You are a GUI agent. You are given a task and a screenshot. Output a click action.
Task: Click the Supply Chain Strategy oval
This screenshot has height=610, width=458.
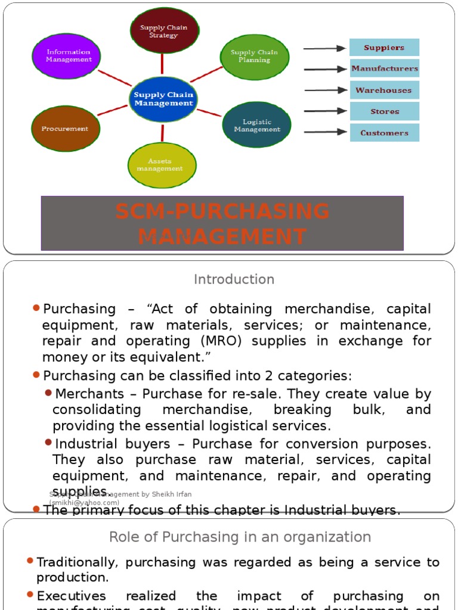[x=164, y=31]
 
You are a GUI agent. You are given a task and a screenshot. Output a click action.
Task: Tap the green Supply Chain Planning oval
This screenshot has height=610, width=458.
[x=255, y=57]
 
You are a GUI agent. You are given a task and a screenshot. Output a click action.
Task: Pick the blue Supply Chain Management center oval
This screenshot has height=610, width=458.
[x=163, y=99]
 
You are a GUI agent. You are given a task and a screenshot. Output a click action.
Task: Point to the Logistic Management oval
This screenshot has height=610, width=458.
[x=257, y=125]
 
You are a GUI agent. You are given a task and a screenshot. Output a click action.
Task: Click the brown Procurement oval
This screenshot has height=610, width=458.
[x=65, y=128]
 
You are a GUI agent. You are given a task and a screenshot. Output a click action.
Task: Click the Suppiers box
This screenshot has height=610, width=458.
[x=384, y=48]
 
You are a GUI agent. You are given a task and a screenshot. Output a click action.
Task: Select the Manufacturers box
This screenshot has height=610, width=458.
[x=384, y=69]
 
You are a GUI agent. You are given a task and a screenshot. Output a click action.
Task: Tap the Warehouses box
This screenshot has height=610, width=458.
[x=384, y=90]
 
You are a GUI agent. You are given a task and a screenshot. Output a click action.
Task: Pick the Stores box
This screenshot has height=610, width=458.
[x=384, y=111]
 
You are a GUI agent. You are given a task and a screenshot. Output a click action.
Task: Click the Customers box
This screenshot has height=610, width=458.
[x=384, y=133]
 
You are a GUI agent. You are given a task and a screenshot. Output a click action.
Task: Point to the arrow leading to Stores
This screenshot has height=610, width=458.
[x=325, y=111]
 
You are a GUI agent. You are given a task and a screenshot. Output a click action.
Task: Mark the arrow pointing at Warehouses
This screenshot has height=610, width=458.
[x=325, y=90]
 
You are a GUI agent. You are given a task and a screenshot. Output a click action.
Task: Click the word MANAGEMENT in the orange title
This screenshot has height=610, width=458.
[x=222, y=236]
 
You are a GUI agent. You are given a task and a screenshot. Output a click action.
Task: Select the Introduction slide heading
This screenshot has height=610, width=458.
[x=234, y=279]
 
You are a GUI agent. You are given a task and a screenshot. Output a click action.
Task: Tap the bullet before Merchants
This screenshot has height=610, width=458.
[x=48, y=393]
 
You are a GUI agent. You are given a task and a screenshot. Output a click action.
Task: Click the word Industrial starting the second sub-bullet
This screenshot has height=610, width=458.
[x=82, y=444]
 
